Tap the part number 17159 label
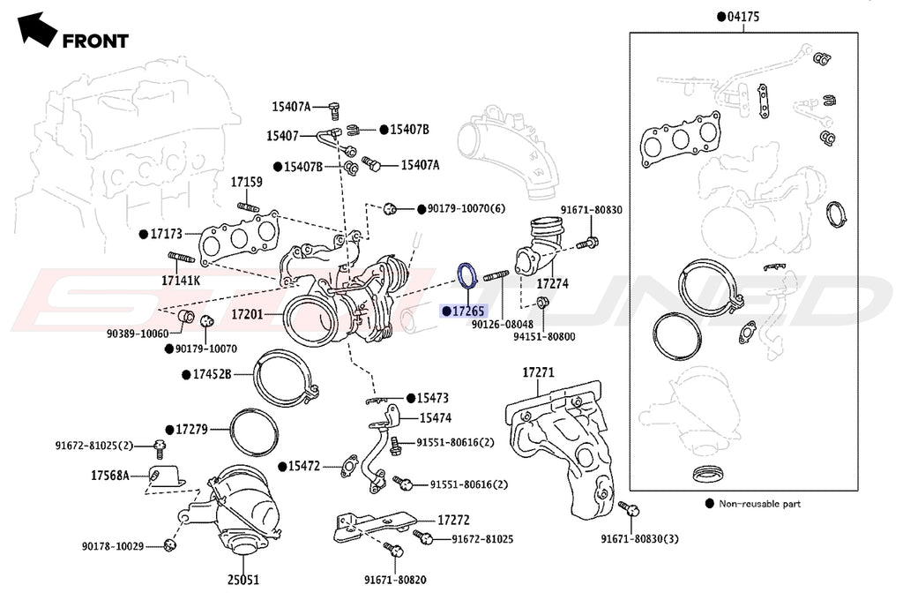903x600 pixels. coord(247,183)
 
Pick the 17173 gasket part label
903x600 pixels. coord(165,235)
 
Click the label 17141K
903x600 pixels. coord(181,281)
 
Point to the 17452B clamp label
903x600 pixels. coord(212,375)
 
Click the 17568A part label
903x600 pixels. coord(110,476)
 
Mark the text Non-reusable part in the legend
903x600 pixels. coord(760,504)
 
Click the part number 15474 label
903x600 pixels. coord(436,417)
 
